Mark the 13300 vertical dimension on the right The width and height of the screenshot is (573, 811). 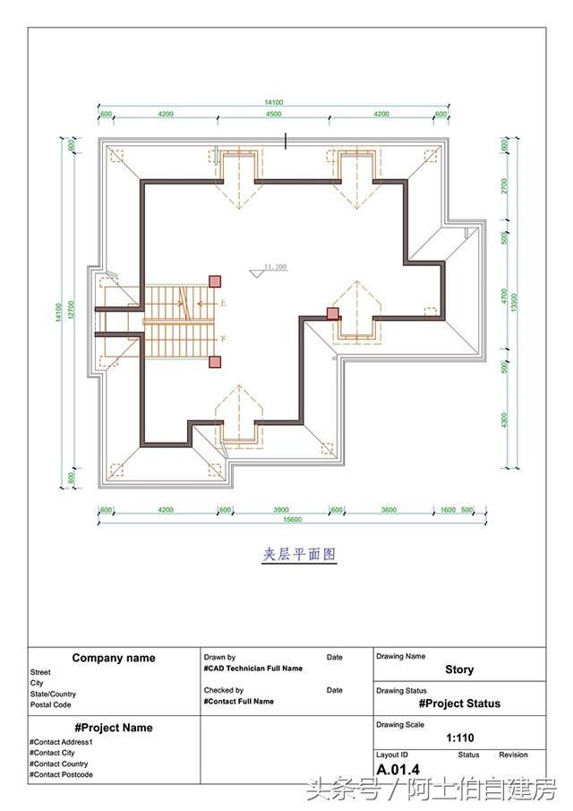point(515,303)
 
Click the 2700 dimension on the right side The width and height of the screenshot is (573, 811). point(504,185)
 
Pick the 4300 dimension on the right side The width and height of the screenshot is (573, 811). point(504,418)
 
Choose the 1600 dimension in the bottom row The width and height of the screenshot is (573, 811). point(448,509)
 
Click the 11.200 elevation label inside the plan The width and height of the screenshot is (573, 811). point(275,267)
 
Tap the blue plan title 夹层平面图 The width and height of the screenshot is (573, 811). point(299,555)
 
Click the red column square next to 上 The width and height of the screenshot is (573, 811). point(215,281)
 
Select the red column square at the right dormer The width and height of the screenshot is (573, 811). point(332,313)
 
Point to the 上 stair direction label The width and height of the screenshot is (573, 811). point(222,304)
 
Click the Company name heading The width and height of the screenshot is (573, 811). point(114,658)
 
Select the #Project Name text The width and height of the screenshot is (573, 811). point(114,728)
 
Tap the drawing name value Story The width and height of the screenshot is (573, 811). point(459,669)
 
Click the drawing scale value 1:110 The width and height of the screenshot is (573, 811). point(459,738)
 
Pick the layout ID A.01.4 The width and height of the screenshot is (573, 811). point(398,770)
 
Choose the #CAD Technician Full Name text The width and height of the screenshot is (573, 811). point(253,669)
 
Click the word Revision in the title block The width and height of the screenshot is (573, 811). point(513,755)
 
